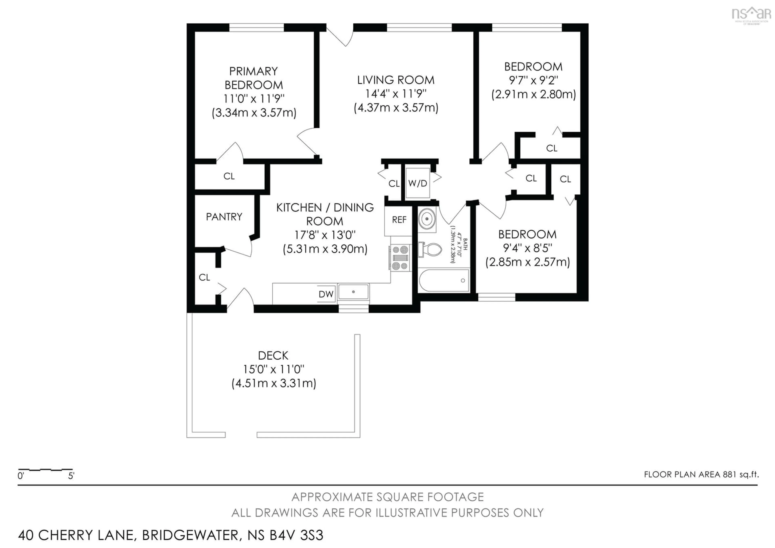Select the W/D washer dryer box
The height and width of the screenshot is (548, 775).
click(418, 183)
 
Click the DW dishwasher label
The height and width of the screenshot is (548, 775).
click(326, 294)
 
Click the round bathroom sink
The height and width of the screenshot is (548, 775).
click(427, 219)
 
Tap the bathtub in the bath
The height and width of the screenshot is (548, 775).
click(443, 280)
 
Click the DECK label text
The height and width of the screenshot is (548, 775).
click(273, 356)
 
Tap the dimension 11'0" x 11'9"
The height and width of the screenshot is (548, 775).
click(254, 99)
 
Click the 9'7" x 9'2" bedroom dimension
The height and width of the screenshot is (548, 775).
click(533, 80)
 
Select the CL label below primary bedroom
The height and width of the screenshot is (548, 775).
click(229, 176)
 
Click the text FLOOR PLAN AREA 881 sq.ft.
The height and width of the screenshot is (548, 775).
click(701, 474)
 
